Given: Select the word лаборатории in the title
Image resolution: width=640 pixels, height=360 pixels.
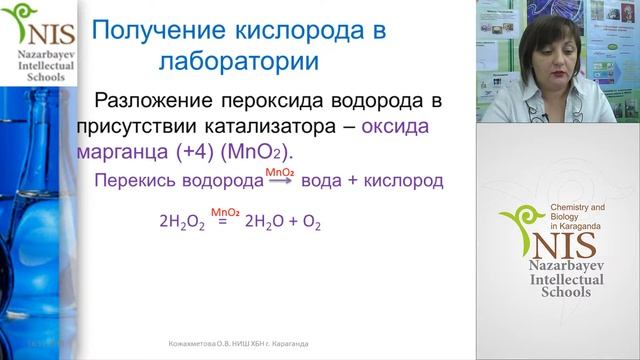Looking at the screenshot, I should coord(238,61).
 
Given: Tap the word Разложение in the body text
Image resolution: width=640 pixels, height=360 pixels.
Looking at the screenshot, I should coord(153,102).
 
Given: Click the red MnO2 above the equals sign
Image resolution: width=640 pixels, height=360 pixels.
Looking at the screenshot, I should coord(224,211).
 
